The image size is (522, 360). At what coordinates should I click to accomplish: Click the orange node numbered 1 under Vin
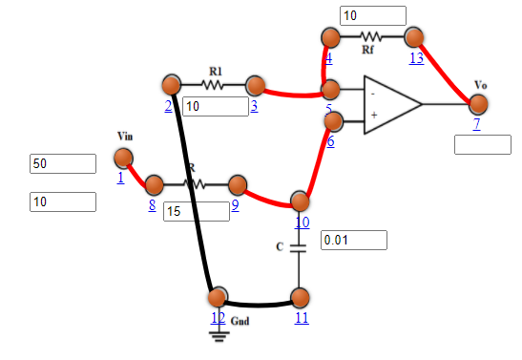(123, 158)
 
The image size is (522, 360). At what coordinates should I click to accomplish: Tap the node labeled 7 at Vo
(478, 103)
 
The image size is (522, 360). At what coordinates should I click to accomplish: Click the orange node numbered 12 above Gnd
(218, 295)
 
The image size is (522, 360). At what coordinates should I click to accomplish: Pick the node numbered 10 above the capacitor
(301, 201)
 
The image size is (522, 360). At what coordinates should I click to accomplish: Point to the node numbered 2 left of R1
(172, 84)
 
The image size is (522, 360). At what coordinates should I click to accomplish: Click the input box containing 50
(63, 163)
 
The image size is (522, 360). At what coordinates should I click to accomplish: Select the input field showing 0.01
(354, 240)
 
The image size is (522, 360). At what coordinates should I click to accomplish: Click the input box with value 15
(197, 211)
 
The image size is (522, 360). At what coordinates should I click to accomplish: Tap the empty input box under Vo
(483, 144)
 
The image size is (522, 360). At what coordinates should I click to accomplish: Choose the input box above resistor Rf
(373, 15)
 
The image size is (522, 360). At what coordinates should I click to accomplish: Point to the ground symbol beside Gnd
(218, 333)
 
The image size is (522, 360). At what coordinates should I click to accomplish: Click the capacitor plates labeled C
(301, 247)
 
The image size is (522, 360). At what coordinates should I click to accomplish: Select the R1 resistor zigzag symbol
(214, 84)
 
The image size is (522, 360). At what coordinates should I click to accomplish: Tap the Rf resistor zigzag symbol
(370, 37)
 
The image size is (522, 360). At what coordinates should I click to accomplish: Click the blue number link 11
(301, 317)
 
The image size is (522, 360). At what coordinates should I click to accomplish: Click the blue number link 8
(152, 203)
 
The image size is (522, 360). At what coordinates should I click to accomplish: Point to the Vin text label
(126, 136)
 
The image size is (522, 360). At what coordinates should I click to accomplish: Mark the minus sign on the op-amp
(373, 94)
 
